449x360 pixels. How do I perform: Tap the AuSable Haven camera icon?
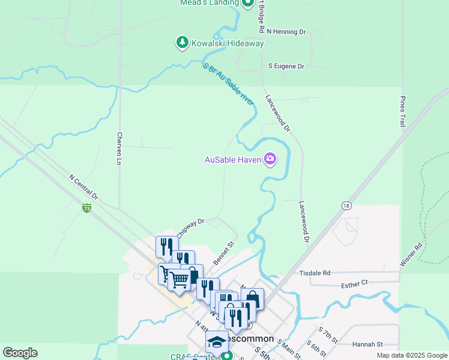(x=270, y=159)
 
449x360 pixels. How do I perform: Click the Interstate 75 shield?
(x=87, y=208)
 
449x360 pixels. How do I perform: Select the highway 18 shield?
(x=346, y=205)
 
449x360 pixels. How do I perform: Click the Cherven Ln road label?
(x=119, y=148)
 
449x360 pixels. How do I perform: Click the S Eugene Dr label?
(x=286, y=66)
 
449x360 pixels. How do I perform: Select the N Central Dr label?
(x=83, y=187)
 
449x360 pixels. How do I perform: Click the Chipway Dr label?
(x=191, y=226)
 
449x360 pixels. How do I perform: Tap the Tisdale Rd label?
(x=315, y=273)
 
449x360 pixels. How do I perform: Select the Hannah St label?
(x=367, y=344)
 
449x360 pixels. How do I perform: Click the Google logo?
(x=20, y=353)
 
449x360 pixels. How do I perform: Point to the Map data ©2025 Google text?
(x=412, y=355)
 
